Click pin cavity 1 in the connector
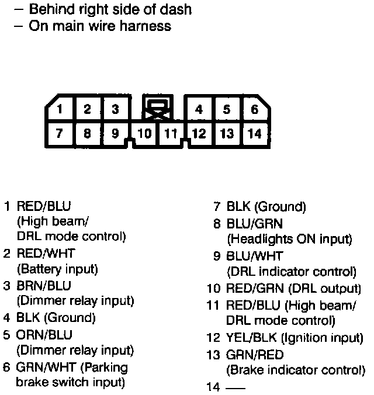(60, 109)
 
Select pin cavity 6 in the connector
(255, 109)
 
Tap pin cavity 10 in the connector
(146, 134)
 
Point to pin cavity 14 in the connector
(255, 134)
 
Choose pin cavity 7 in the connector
(60, 134)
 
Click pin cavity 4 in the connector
(199, 109)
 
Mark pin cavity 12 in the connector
(199, 134)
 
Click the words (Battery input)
(57, 269)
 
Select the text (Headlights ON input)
(289, 239)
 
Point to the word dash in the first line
(179, 9)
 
